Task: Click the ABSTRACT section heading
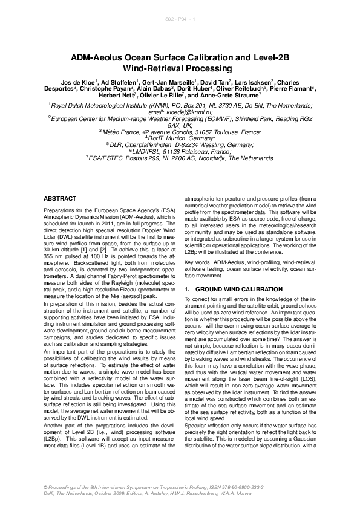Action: (x=61, y=199)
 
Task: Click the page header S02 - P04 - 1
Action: (x=180, y=21)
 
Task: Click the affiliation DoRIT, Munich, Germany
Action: (x=181, y=137)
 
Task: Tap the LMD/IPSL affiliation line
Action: (x=181, y=152)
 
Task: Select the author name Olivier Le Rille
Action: (x=157, y=96)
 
